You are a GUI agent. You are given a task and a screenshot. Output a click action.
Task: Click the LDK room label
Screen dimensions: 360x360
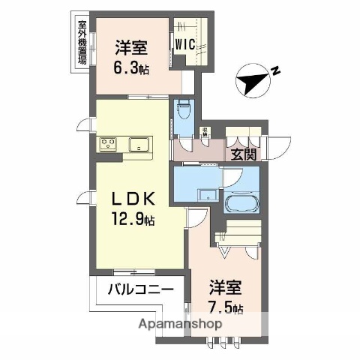pyautogui.click(x=133, y=200)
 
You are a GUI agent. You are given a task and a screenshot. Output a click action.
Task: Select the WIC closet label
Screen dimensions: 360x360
pyautogui.click(x=185, y=44)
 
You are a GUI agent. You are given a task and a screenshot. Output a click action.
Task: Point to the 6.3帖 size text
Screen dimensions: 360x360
pyautogui.click(x=130, y=67)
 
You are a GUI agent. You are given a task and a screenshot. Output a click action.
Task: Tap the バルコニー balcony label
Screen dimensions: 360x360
pyautogui.click(x=140, y=289)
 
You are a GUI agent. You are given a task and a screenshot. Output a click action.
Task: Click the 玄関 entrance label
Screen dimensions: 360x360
pyautogui.click(x=243, y=154)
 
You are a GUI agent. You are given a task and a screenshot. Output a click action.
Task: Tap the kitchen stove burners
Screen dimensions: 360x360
pyautogui.click(x=107, y=142)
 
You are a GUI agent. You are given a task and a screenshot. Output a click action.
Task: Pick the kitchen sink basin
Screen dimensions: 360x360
pyautogui.click(x=139, y=143)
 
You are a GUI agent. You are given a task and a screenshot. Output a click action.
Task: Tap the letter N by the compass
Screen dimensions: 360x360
pyautogui.click(x=275, y=72)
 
